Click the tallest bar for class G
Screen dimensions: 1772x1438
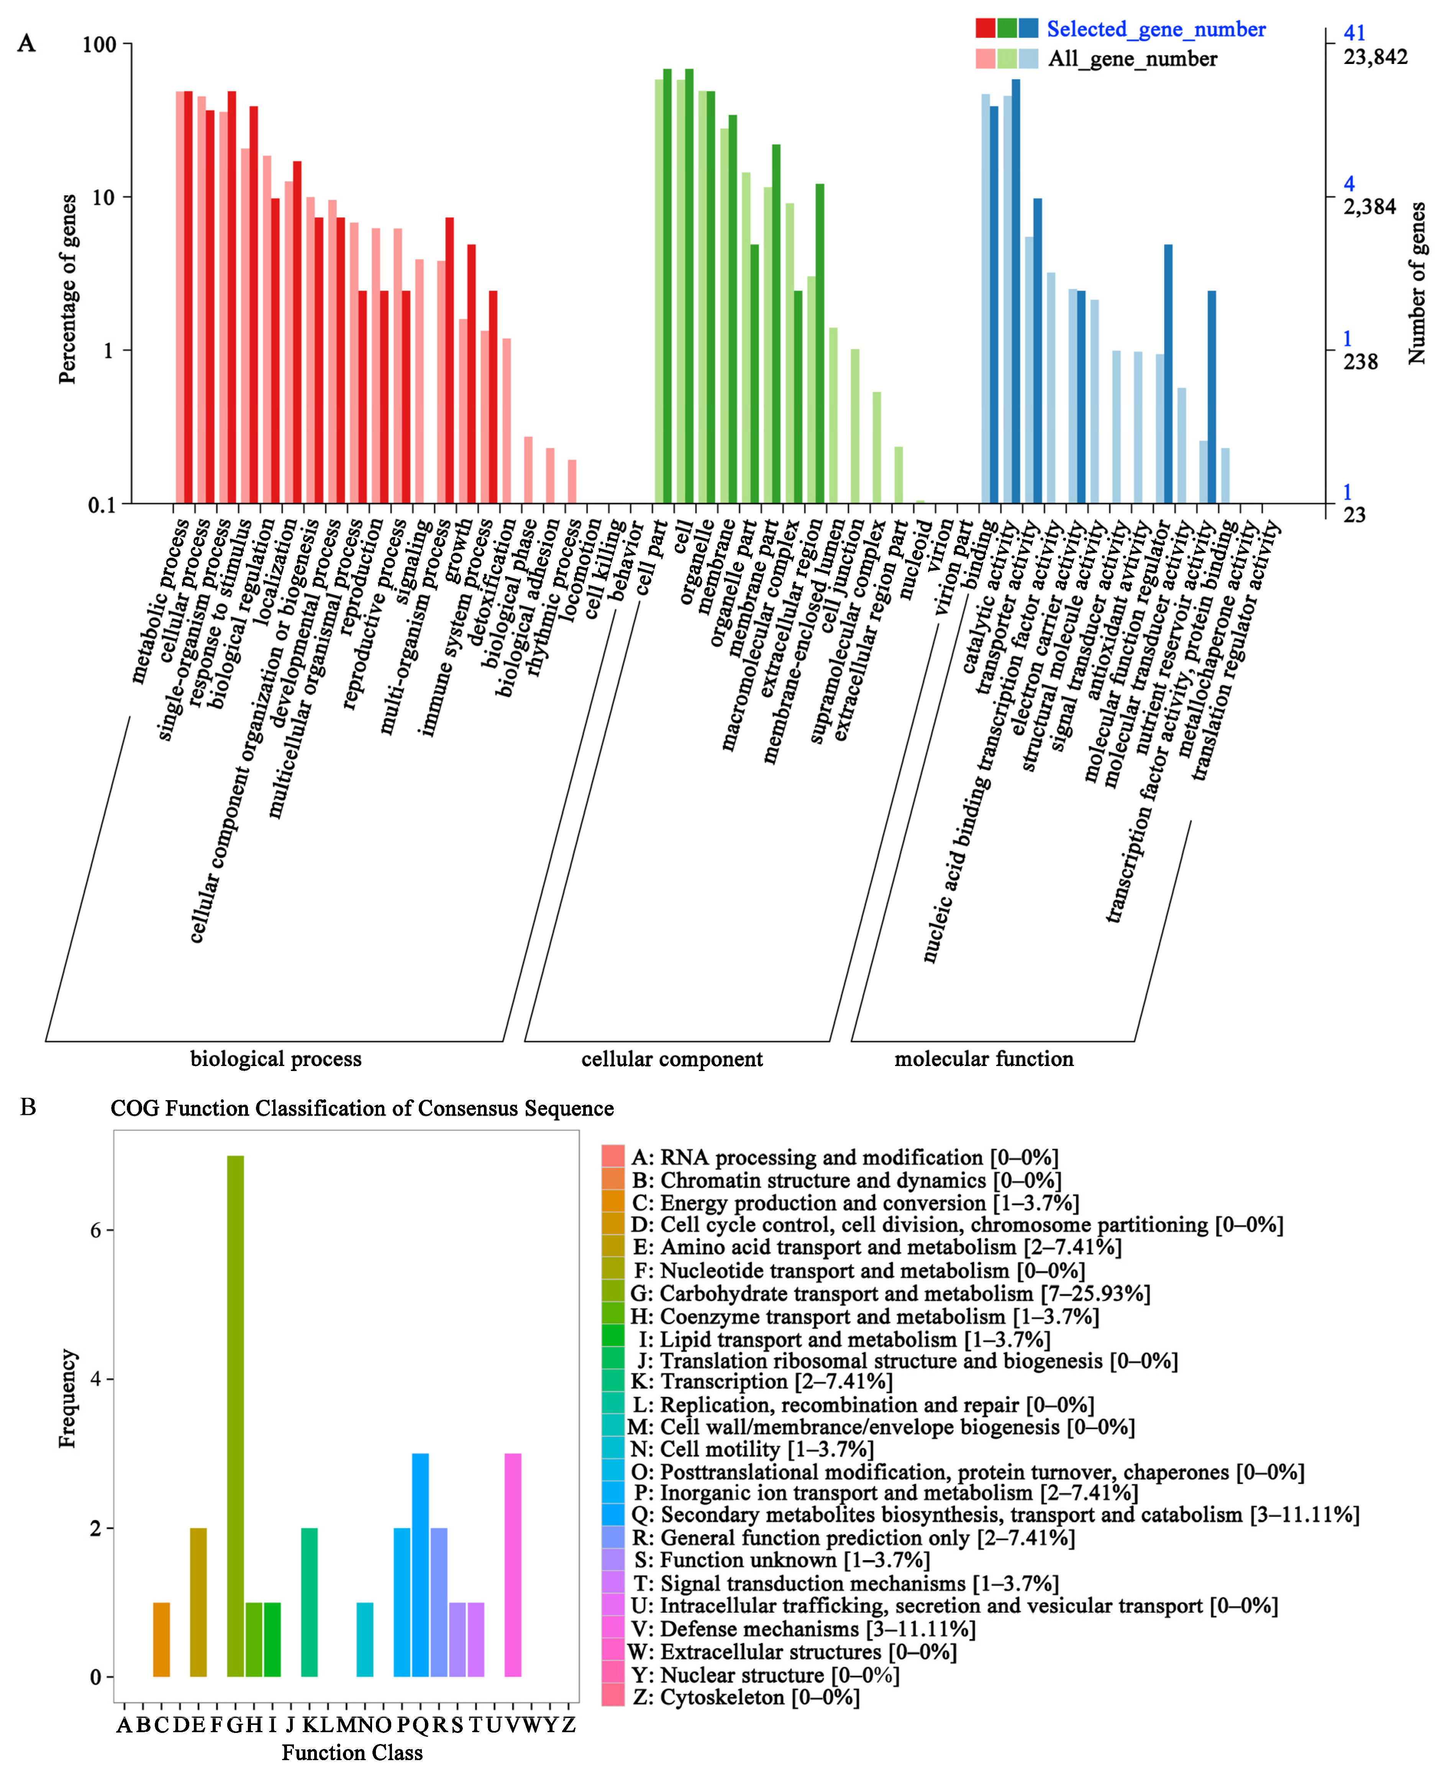pos(235,1416)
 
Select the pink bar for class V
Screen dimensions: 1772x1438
pos(513,1565)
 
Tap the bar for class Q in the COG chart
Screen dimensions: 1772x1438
pos(420,1565)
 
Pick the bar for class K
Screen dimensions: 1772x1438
pos(309,1602)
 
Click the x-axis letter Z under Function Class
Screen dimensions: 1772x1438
pos(568,1725)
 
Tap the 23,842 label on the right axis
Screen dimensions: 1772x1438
pos(1375,57)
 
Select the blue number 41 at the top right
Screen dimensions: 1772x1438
pos(1354,33)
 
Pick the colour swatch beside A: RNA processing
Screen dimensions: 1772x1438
pos(613,1157)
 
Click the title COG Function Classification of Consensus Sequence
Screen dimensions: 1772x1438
pos(362,1108)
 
